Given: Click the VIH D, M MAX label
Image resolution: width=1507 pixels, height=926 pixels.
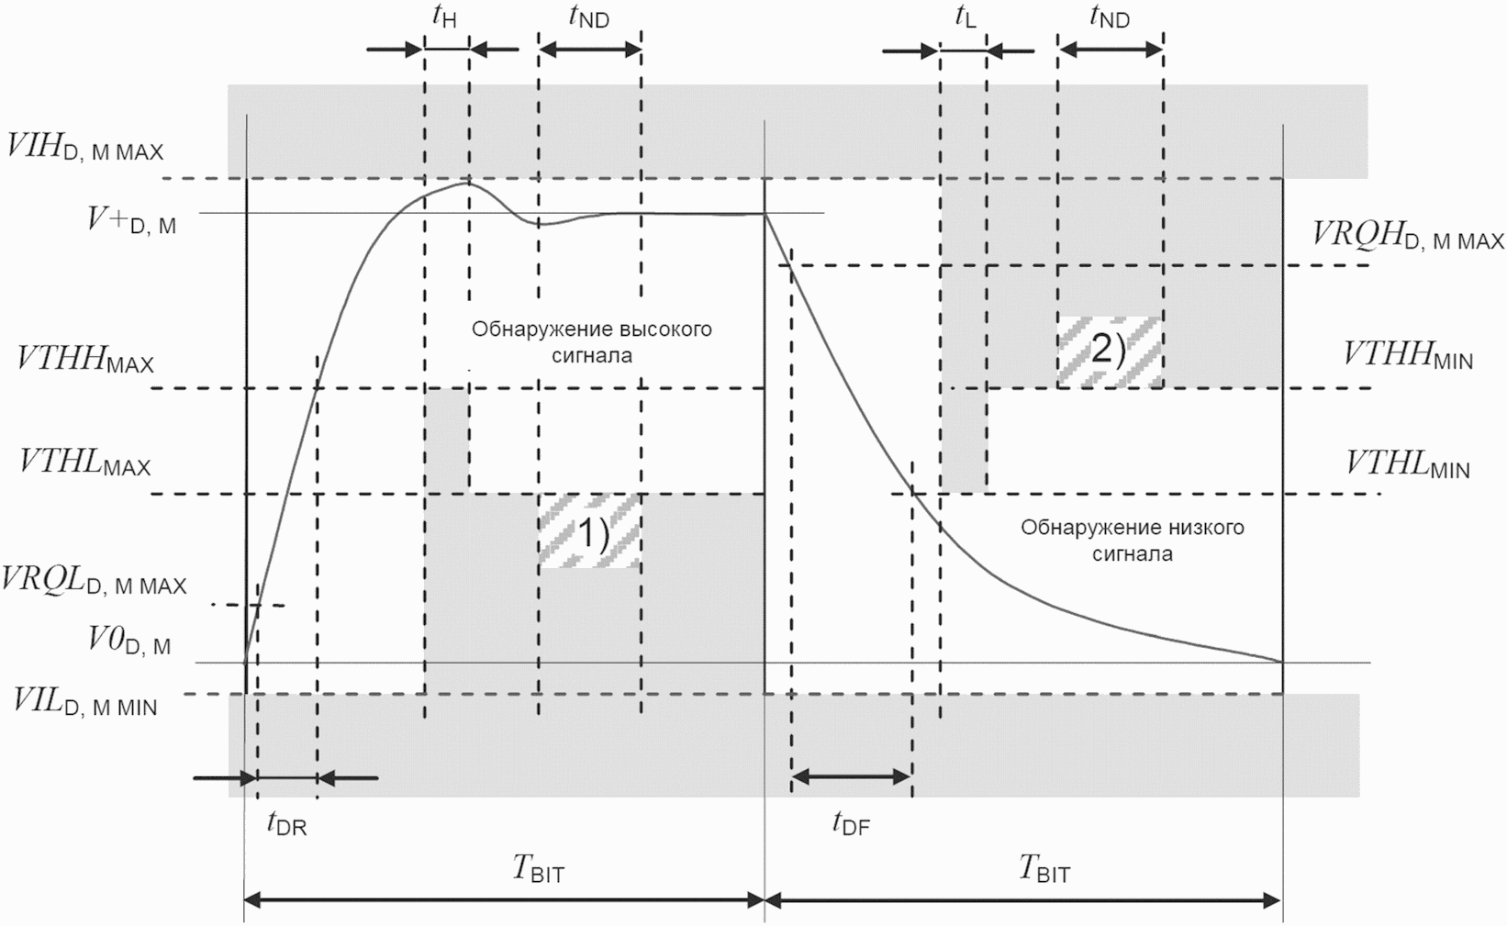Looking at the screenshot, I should click(85, 148).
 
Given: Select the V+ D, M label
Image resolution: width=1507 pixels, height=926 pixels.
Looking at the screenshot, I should click(131, 221).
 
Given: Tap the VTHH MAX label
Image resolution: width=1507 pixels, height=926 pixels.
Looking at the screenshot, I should click(85, 360).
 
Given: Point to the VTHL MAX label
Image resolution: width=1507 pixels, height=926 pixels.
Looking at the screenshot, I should click(85, 463).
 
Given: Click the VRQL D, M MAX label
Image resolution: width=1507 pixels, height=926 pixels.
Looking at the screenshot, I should click(95, 581).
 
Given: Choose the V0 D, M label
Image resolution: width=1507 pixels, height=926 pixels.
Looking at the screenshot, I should click(129, 644).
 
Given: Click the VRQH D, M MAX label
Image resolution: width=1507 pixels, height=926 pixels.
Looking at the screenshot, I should click(1408, 237).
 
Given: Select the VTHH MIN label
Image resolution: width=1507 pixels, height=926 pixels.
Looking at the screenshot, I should click(1408, 356).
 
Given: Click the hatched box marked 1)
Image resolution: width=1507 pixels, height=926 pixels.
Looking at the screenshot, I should click(590, 531).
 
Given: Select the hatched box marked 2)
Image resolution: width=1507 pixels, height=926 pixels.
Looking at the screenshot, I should click(1109, 351).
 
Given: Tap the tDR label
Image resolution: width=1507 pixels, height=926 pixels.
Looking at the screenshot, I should click(287, 824).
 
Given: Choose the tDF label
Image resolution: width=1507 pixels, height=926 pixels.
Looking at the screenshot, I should click(851, 824).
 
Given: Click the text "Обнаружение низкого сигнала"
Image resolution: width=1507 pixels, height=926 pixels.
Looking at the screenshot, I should click(1133, 541).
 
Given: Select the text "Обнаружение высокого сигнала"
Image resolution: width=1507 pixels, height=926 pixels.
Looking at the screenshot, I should click(592, 341).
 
